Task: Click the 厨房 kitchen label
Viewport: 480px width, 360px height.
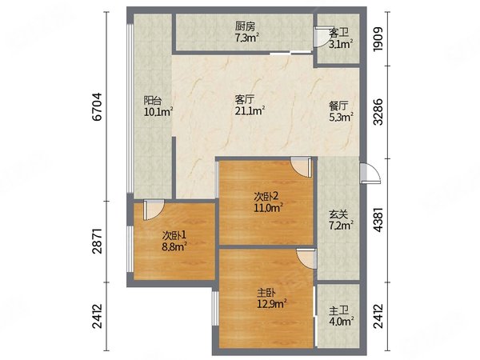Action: [245, 26]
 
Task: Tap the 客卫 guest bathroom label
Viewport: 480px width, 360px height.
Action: [338, 33]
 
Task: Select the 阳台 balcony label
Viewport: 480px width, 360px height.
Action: [153, 101]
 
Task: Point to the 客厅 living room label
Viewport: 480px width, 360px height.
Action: [245, 99]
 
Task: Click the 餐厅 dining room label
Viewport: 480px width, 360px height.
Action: [338, 106]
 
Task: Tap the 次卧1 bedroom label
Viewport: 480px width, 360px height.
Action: [174, 235]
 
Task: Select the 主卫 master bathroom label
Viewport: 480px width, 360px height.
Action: [338, 310]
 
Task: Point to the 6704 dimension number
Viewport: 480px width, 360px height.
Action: [97, 106]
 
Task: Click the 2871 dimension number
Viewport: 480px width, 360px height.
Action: [97, 241]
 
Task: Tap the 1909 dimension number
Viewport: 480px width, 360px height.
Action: [378, 39]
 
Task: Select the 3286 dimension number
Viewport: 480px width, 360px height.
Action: [378, 112]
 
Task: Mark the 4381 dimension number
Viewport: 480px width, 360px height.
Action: [378, 220]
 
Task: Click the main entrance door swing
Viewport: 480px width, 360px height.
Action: [370, 174]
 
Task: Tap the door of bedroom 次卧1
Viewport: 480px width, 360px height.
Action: [154, 210]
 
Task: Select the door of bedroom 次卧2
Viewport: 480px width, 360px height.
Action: [301, 167]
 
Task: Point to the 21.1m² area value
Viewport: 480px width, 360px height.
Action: [250, 111]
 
